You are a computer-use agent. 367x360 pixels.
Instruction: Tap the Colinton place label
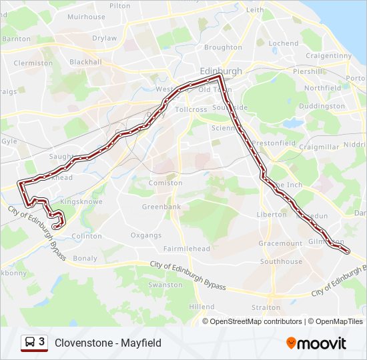click(87, 236)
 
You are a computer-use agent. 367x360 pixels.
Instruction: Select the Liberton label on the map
click(272, 215)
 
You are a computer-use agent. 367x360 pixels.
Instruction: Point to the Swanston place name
click(165, 285)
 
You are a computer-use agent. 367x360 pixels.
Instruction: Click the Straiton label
click(266, 307)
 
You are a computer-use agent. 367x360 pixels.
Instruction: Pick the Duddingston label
click(322, 106)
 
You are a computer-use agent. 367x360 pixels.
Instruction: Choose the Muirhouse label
click(86, 17)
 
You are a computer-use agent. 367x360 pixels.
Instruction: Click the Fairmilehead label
click(187, 249)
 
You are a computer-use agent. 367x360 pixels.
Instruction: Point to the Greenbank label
click(161, 207)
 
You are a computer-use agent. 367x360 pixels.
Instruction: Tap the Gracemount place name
click(280, 243)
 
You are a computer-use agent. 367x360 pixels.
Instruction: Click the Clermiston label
click(33, 63)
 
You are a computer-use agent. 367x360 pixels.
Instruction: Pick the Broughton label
click(223, 47)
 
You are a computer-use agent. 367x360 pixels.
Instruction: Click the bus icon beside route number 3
click(29, 343)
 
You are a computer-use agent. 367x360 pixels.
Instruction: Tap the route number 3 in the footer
click(42, 342)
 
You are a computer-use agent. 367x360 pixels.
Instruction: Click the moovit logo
click(316, 343)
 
